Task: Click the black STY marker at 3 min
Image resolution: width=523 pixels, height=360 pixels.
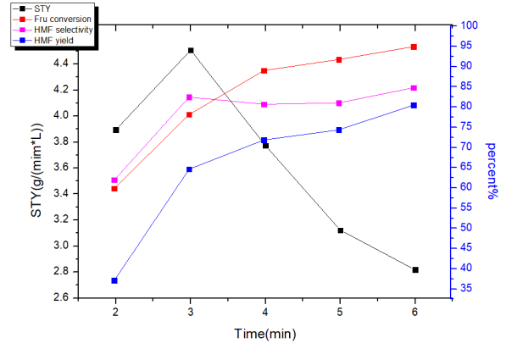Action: click(190, 51)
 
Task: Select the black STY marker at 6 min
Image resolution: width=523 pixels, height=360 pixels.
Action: click(415, 269)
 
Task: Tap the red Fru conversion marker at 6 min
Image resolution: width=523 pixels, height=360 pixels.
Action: click(414, 47)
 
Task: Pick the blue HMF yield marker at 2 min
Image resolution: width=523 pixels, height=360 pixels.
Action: click(114, 280)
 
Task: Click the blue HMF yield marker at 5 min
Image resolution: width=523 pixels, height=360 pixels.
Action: click(339, 130)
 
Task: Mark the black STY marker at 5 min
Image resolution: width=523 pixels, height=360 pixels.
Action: click(340, 230)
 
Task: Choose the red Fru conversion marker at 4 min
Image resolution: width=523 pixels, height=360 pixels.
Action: click(264, 70)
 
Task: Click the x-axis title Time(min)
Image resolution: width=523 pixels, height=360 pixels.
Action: click(265, 334)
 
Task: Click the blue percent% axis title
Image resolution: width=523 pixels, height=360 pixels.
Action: click(491, 170)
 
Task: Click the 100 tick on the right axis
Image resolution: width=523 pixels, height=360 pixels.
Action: click(466, 26)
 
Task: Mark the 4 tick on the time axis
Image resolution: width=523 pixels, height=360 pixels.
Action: click(265, 312)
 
